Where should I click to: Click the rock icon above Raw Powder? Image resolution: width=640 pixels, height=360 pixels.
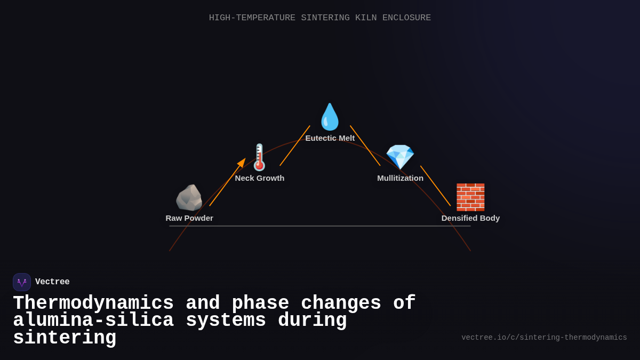point(189,198)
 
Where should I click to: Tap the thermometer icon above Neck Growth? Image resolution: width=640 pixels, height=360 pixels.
point(259,157)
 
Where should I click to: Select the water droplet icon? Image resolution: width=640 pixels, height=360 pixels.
point(330,117)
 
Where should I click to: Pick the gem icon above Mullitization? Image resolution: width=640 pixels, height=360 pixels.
point(400,157)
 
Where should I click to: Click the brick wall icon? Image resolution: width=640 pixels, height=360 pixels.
point(470,197)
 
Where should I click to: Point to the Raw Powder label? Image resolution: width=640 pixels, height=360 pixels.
point(189,218)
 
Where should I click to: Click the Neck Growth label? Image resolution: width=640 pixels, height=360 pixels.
point(260,178)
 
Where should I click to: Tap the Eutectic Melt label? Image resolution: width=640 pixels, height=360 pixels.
point(330,138)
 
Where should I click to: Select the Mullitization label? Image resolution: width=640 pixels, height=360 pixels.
point(401,178)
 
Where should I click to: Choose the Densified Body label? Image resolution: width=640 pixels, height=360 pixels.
point(470,218)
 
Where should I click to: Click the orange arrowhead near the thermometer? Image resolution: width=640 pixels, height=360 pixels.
point(242,163)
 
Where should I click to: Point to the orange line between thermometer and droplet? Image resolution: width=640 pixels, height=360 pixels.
point(295,146)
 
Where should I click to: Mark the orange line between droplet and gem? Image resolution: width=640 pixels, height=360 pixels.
point(365,146)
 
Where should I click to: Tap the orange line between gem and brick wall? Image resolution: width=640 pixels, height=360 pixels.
point(435,186)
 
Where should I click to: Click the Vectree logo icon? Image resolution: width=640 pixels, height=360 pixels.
point(22,282)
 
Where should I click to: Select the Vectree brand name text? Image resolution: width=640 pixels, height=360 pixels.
point(52,282)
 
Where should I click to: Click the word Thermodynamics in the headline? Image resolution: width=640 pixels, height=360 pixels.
point(93,303)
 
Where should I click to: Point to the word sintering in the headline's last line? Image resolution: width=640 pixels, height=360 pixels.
point(65,338)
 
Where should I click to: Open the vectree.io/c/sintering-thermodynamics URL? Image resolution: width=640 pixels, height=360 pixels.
point(544,338)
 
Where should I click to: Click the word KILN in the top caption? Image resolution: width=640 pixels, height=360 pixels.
point(366,18)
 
